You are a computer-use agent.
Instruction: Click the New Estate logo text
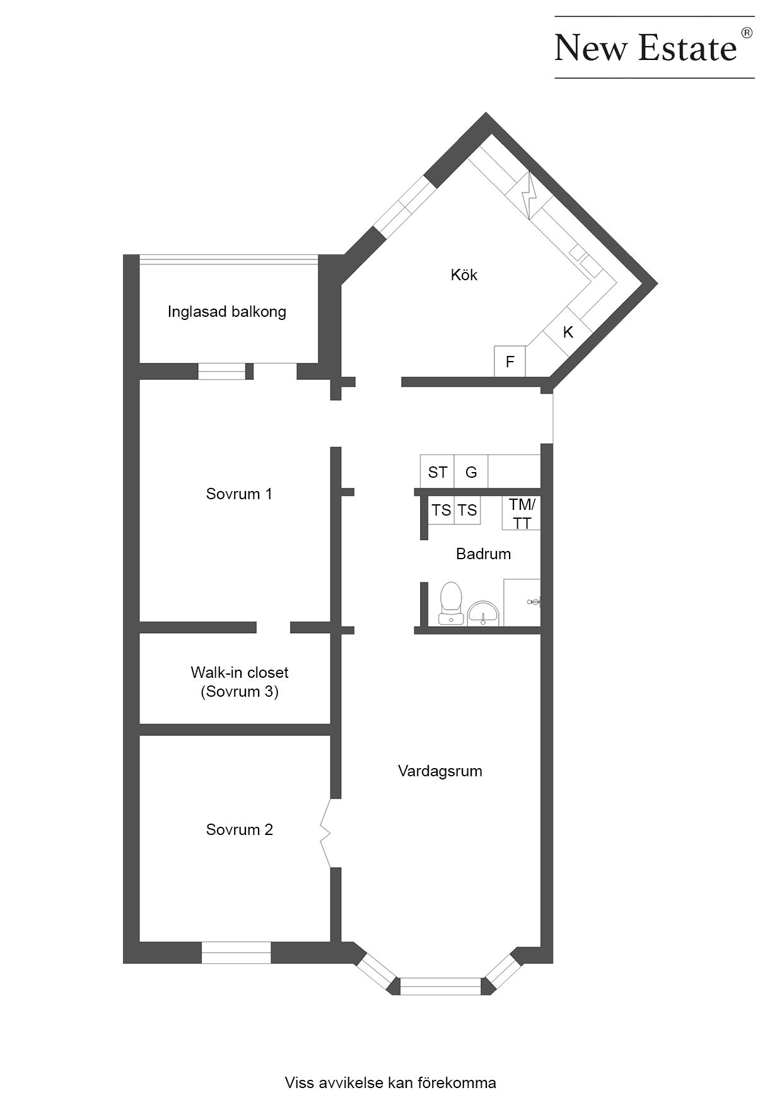pos(646,48)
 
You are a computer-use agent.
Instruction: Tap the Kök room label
pos(464,275)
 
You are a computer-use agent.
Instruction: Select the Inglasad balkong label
pos(227,312)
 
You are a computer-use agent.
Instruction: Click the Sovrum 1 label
pos(239,494)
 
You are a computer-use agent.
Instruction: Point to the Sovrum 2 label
pos(240,829)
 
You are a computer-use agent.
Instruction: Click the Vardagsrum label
pos(440,771)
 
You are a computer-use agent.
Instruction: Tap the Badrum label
pos(484,554)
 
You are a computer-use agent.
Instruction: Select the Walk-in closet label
pos(240,673)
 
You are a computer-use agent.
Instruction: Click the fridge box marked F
pos(510,362)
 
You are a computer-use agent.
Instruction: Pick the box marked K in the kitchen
pos(568,333)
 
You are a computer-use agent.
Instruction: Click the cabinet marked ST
pos(437,471)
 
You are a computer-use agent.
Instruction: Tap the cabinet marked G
pos(471,471)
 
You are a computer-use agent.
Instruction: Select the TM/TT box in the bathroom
pos(522,513)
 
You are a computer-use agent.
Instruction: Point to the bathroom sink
pos(484,613)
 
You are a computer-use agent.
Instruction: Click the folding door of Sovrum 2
pos(326,833)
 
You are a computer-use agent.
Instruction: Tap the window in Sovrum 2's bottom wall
pos(236,952)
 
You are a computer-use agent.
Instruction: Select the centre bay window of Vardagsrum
pos(440,986)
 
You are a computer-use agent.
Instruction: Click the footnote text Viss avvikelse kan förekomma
pos(390,1083)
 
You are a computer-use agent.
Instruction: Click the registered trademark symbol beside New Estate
pos(746,33)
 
